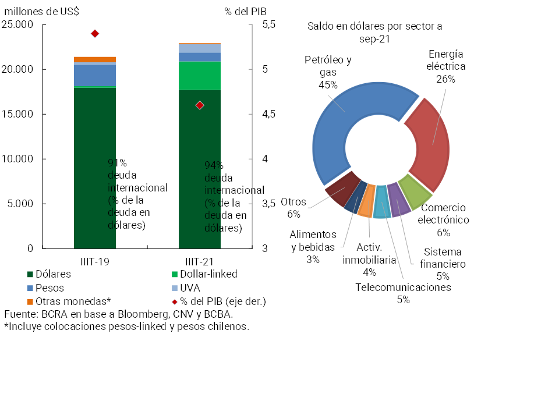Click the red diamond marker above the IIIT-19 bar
pyautogui.click(x=95, y=34)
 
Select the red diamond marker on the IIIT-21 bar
pyautogui.click(x=200, y=105)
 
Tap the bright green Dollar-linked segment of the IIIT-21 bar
pyautogui.click(x=200, y=75)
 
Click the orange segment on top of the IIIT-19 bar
pyautogui.click(x=95, y=59)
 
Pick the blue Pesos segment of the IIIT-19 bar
pyautogui.click(x=95, y=75)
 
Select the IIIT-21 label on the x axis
pyautogui.click(x=200, y=261)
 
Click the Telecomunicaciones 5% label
pyautogui.click(x=403, y=293)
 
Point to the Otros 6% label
pyautogui.click(x=293, y=208)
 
